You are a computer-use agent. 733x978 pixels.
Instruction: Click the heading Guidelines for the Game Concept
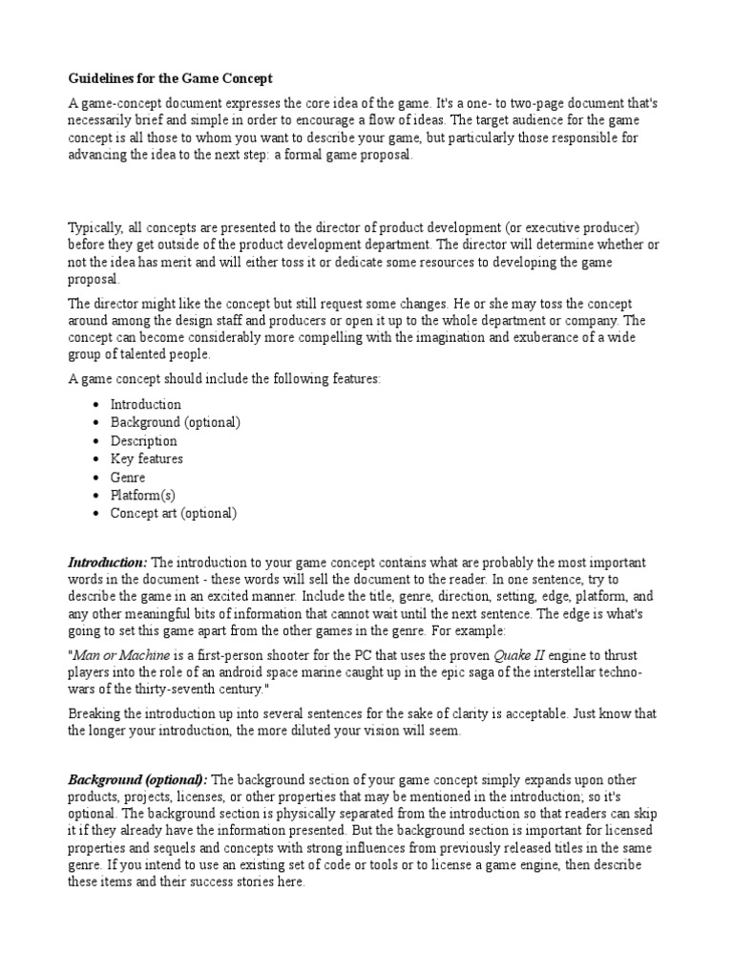point(170,77)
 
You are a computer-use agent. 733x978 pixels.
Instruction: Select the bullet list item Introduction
point(145,404)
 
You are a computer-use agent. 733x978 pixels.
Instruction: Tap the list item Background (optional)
point(175,422)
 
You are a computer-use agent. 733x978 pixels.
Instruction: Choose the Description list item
point(143,440)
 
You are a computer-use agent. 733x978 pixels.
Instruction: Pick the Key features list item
point(146,458)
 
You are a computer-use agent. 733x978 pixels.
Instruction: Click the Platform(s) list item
point(142,495)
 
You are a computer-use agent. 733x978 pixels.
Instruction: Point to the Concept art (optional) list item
point(173,513)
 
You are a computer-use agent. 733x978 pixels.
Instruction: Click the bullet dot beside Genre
point(97,477)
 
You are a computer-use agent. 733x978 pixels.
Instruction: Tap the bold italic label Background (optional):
point(144,780)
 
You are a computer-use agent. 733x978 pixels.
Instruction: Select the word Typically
point(96,226)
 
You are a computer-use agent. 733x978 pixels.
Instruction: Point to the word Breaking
point(94,713)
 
